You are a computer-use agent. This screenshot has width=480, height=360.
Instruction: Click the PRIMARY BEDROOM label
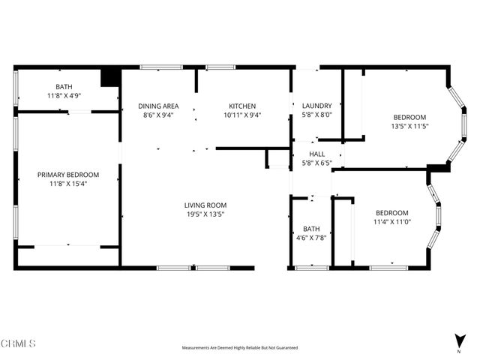68,175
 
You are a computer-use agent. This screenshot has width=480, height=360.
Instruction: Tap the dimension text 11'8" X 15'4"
68,184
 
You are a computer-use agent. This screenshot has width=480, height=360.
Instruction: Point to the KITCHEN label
243,106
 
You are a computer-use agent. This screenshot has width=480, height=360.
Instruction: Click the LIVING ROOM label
205,205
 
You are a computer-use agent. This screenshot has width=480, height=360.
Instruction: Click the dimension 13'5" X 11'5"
410,126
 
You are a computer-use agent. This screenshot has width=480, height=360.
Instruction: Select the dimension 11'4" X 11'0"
391,222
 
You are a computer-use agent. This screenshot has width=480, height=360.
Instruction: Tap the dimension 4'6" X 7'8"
311,238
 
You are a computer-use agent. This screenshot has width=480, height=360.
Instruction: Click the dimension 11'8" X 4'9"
64,95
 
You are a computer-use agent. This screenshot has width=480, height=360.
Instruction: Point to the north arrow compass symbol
458,340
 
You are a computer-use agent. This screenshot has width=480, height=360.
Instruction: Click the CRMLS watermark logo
18,343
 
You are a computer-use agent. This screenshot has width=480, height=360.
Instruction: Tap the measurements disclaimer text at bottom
240,348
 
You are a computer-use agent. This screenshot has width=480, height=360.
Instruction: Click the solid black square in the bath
110,77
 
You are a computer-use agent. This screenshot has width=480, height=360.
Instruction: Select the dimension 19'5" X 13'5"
205,214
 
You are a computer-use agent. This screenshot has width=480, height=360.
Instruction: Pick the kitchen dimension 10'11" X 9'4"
243,115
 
